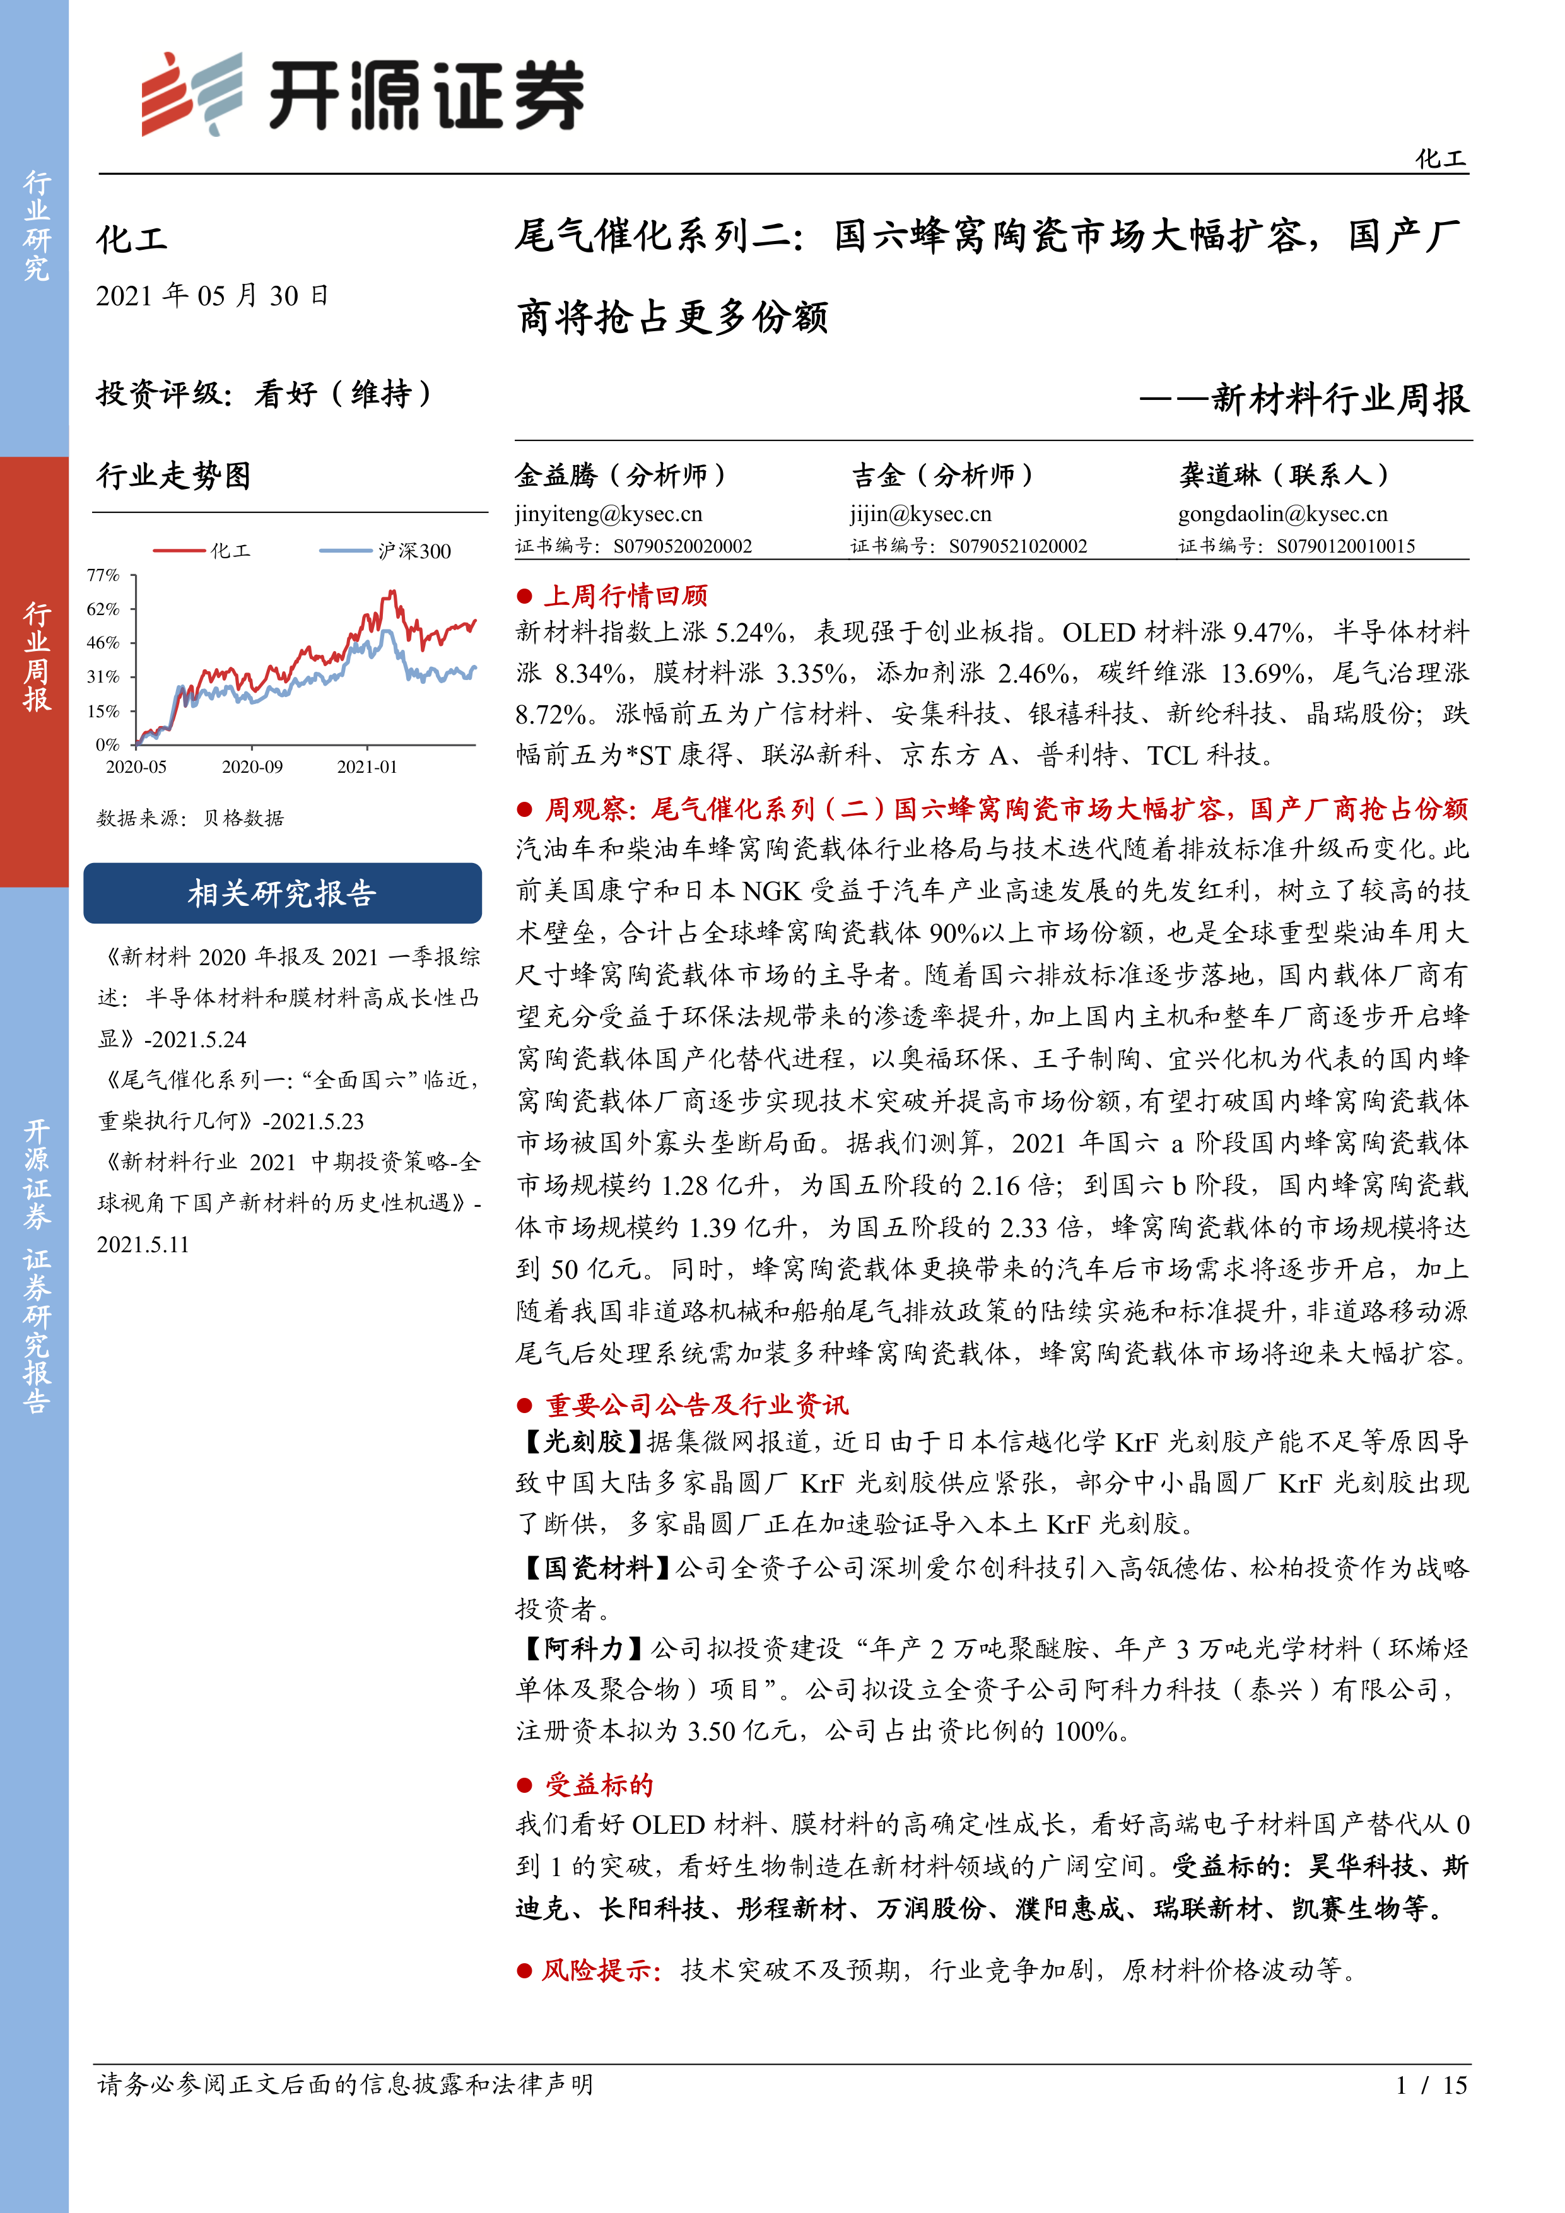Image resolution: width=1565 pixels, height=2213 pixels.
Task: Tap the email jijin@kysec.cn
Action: (920, 514)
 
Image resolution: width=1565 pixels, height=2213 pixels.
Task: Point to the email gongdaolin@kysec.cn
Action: (1282, 514)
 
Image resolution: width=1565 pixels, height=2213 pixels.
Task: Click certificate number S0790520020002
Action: (683, 546)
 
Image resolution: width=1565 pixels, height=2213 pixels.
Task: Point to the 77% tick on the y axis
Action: (103, 575)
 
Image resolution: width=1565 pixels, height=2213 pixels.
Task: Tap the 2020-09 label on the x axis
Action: (252, 767)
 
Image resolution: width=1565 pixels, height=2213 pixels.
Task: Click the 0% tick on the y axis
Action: (107, 744)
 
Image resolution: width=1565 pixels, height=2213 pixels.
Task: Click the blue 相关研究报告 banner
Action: (283, 893)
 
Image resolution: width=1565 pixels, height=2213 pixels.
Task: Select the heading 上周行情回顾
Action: (626, 596)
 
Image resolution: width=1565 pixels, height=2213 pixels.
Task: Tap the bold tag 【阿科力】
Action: (580, 1649)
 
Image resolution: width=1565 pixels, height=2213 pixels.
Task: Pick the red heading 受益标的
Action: (599, 1785)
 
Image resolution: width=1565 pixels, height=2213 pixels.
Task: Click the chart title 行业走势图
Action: (173, 475)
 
